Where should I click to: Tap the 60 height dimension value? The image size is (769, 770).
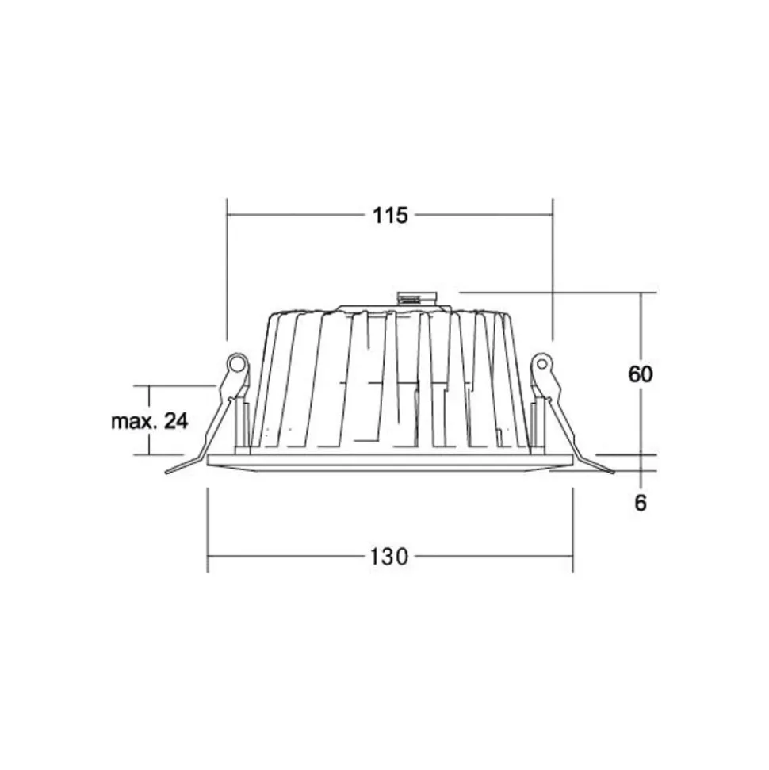pos(641,374)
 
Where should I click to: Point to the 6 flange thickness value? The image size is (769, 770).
pos(641,503)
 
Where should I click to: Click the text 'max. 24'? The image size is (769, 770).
pos(149,421)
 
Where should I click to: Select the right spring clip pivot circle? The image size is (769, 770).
pos(541,364)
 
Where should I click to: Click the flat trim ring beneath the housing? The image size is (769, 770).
pos(388,462)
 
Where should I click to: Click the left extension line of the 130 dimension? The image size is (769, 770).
pos(208,527)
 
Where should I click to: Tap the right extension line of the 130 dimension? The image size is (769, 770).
pos(572,527)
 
